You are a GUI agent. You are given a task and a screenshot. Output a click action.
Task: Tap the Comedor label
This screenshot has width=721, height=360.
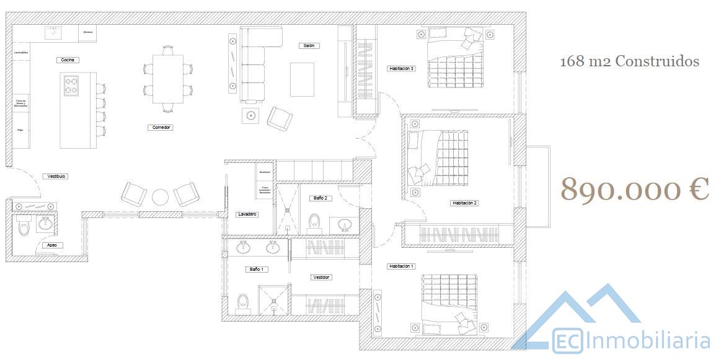tap(159, 128)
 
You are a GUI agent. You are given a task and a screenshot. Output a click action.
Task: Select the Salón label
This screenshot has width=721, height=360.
tap(308, 46)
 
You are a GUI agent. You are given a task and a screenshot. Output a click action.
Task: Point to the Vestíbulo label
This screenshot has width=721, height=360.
tap(55, 177)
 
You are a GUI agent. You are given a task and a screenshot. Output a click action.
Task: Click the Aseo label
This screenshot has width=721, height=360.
tap(51, 245)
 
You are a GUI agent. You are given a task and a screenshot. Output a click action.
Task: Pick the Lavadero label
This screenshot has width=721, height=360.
tap(247, 214)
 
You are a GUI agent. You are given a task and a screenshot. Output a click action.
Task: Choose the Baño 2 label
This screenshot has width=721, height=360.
tap(320, 198)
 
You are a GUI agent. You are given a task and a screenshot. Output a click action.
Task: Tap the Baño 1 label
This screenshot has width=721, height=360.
tap(257, 270)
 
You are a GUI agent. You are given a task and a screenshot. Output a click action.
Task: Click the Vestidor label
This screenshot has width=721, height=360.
tap(321, 278)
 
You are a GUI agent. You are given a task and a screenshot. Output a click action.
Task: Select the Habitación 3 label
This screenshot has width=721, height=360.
tap(401, 69)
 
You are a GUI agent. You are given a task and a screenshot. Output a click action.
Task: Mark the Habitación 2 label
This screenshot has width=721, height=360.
tap(465, 203)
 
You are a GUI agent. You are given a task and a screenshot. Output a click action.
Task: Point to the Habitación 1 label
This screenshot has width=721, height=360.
tap(401, 266)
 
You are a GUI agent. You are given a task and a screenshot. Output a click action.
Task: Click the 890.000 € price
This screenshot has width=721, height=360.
tap(635, 189)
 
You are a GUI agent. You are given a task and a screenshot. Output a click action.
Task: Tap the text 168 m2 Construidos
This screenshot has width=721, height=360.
tap(629, 61)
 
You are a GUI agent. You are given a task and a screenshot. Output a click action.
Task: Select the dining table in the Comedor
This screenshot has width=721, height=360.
tap(168, 79)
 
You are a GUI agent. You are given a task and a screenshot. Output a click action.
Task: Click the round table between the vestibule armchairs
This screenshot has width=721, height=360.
tap(161, 197)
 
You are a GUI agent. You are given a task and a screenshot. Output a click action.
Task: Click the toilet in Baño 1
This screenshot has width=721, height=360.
tap(243, 304)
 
